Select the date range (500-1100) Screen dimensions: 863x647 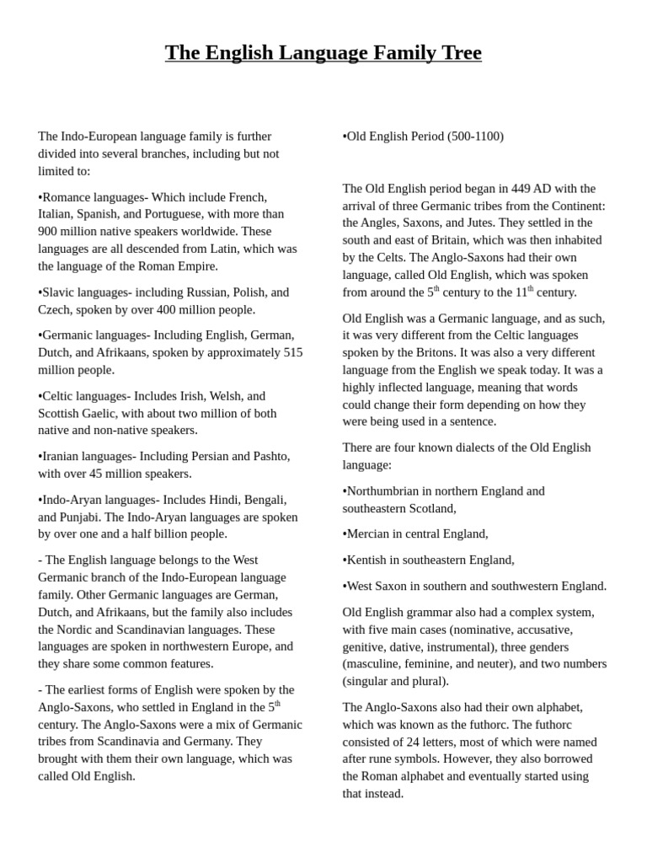tap(475, 137)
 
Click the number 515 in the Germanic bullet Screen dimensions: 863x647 tap(291, 352)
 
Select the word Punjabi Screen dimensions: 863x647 tap(84, 517)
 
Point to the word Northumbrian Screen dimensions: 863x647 tap(387, 491)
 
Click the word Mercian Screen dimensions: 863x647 tap(371, 533)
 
